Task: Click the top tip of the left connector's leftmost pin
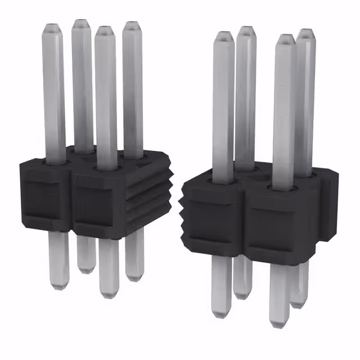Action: pyautogui.click(x=52, y=26)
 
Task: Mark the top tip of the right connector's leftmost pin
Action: pyautogui.click(x=223, y=34)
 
